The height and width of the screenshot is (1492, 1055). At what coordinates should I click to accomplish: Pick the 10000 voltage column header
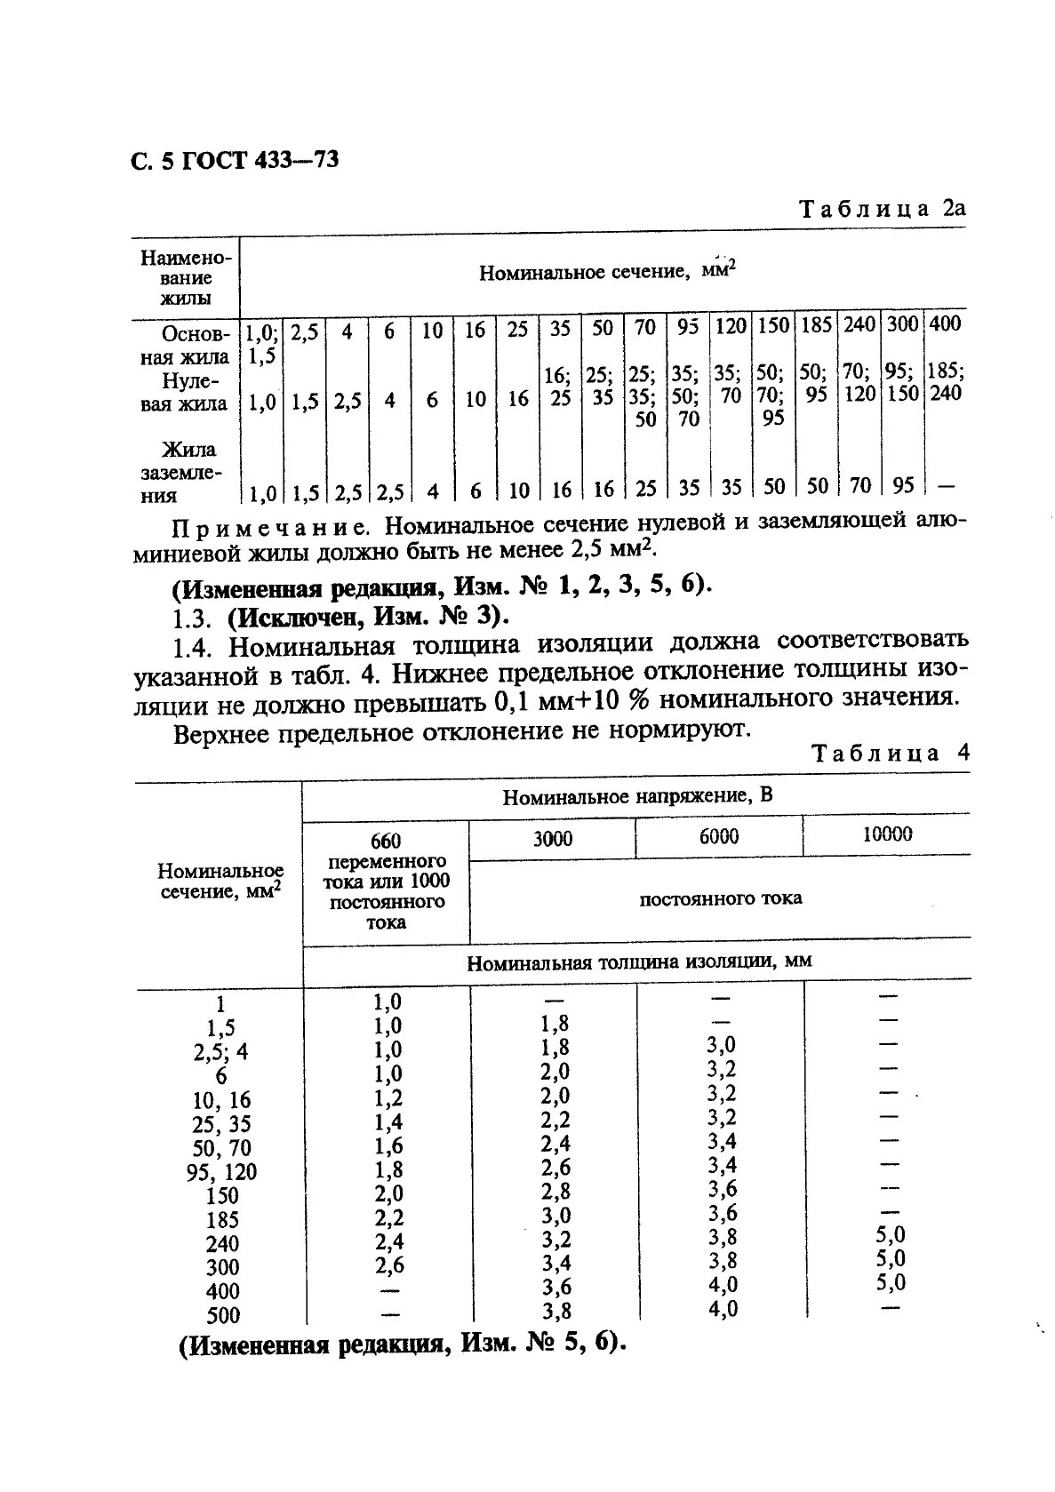coord(887,834)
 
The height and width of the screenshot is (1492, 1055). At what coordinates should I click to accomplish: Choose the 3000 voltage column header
coord(552,838)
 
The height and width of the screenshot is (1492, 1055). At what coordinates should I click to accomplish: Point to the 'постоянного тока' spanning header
coord(720,898)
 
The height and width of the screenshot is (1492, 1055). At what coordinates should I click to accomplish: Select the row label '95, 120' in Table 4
coord(221,1172)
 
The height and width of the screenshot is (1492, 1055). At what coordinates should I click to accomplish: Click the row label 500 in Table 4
coord(222,1316)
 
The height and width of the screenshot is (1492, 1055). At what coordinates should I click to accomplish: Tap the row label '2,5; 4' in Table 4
coord(220,1052)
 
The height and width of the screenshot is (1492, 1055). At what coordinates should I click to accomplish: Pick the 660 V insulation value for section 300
coord(388,1265)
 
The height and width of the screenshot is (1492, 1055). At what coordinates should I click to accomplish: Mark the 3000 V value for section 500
coord(555,1311)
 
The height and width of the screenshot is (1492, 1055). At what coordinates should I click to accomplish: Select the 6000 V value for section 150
coord(722,1189)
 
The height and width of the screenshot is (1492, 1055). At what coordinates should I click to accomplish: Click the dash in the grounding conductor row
coord(946,486)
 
